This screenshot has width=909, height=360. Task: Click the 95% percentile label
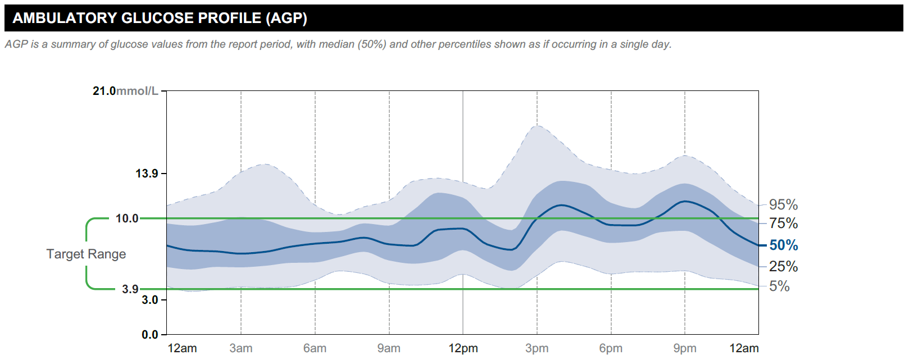click(783, 204)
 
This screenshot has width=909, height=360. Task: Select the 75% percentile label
click(783, 223)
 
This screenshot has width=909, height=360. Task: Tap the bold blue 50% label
click(783, 245)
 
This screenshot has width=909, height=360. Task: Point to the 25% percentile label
click(783, 266)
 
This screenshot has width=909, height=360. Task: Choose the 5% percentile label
click(779, 286)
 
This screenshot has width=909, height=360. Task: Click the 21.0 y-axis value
click(104, 91)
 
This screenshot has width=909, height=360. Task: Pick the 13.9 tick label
click(147, 174)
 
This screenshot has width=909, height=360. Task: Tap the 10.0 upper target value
click(127, 218)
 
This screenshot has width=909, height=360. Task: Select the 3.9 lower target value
click(130, 289)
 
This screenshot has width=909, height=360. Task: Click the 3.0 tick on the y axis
click(149, 300)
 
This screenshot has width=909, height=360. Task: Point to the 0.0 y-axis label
click(149, 335)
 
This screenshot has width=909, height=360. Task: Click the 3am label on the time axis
click(241, 348)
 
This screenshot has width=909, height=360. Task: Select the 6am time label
click(315, 348)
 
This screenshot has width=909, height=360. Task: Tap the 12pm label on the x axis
click(463, 348)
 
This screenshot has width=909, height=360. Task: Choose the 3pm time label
click(537, 348)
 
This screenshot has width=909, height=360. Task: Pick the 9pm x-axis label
click(685, 348)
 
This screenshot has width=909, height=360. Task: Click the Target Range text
click(86, 254)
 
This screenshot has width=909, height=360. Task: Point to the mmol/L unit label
click(137, 91)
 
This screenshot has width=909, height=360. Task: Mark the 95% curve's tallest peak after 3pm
click(538, 126)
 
